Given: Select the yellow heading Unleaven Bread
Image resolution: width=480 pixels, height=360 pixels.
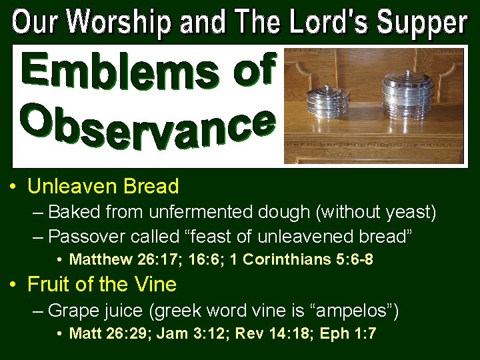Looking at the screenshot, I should pyautogui.click(x=103, y=186).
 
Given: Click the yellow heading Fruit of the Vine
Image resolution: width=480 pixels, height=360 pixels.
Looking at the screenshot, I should pyautogui.click(x=102, y=285).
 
